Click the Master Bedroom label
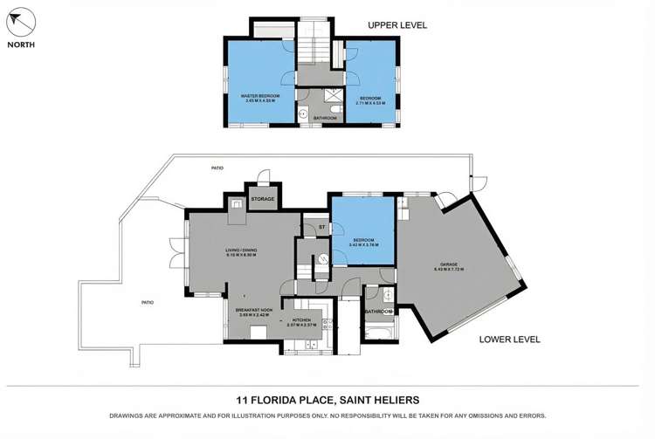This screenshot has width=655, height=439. [259, 99]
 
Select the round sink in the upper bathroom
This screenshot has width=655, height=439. [303, 113]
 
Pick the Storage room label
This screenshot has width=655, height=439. [263, 199]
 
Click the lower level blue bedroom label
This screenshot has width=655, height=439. [362, 243]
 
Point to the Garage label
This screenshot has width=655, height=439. [449, 268]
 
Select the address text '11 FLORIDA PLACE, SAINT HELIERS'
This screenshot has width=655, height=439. [327, 400]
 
